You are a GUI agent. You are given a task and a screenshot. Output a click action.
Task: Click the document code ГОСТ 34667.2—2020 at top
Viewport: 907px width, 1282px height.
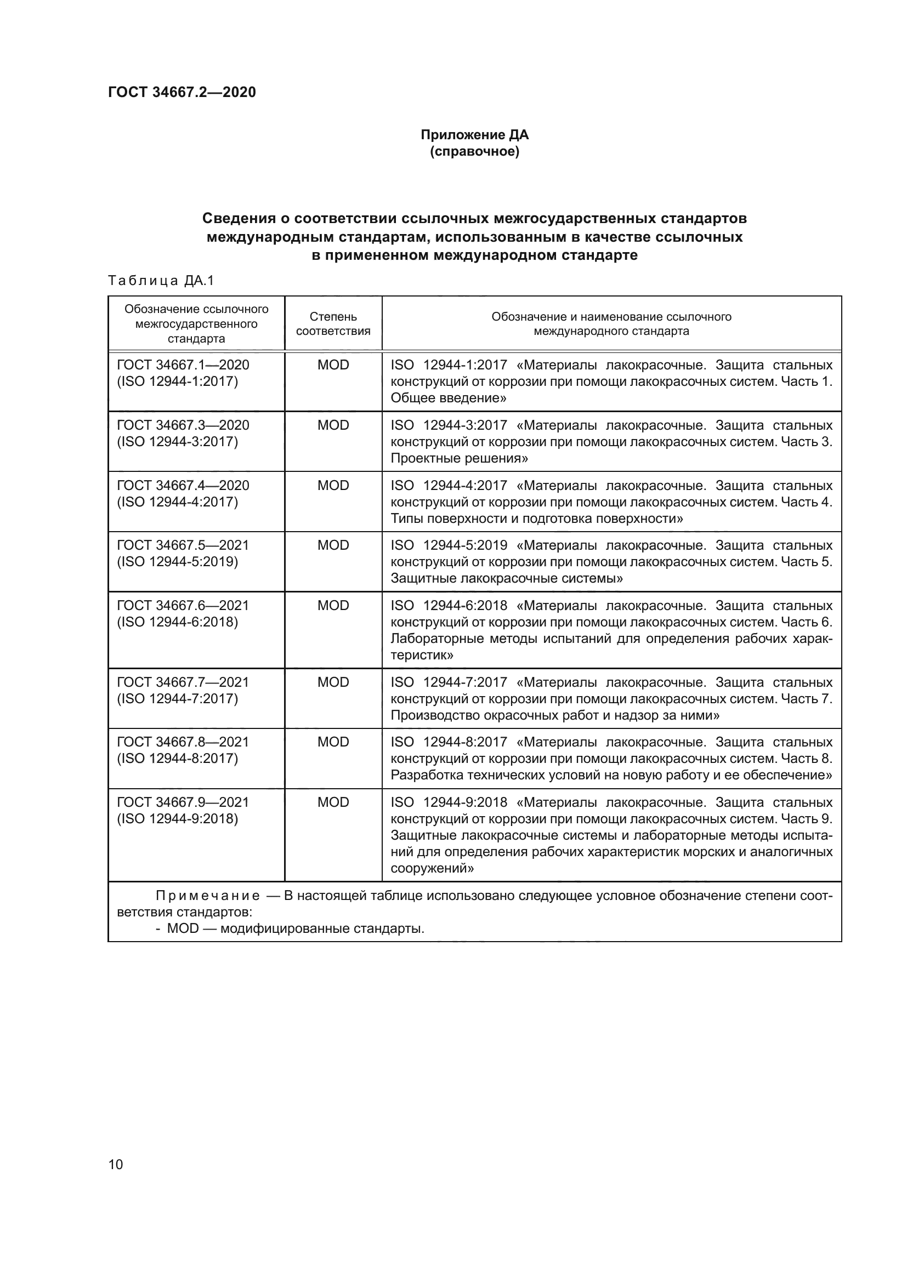click(x=182, y=92)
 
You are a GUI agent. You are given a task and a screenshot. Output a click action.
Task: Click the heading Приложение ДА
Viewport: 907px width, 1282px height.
click(x=474, y=135)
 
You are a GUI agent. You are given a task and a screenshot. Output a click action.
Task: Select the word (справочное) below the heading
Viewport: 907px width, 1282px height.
click(x=474, y=152)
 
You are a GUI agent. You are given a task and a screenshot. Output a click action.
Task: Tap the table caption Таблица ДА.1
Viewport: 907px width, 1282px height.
click(x=161, y=280)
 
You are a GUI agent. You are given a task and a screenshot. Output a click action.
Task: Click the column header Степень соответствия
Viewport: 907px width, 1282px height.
click(x=333, y=324)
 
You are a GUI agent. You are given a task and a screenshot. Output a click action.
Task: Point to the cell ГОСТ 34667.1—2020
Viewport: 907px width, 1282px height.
click(x=183, y=365)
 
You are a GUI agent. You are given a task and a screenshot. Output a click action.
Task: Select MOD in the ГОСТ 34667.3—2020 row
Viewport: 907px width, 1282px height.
click(x=333, y=425)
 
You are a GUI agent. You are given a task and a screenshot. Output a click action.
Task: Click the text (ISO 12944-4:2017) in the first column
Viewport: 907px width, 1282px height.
click(x=177, y=502)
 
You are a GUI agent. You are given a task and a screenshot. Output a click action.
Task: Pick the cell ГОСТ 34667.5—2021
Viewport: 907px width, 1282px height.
click(x=183, y=545)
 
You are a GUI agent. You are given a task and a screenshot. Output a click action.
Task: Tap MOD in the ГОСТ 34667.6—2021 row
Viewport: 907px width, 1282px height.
click(x=333, y=606)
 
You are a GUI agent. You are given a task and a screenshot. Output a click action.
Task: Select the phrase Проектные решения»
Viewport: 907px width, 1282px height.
click(x=459, y=458)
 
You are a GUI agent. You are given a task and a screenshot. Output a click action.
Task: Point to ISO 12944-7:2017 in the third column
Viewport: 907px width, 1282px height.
click(x=449, y=682)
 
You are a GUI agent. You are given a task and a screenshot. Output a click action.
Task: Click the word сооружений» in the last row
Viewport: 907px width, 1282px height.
click(x=432, y=868)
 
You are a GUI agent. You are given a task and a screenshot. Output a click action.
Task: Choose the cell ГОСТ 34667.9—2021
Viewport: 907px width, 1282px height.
click(x=183, y=802)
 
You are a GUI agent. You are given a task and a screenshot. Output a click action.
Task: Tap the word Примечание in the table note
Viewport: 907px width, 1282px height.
click(x=207, y=896)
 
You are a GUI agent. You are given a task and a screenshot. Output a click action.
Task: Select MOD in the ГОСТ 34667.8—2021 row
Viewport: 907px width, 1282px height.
click(x=333, y=742)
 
